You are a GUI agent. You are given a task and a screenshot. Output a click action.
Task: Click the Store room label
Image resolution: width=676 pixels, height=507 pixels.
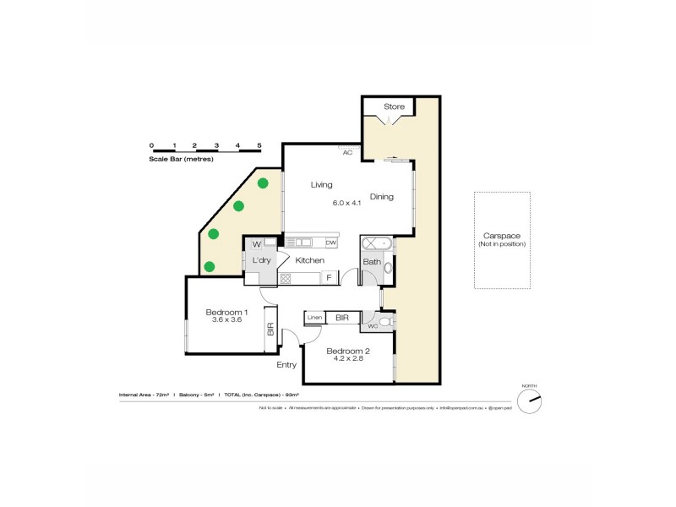[x=394, y=106]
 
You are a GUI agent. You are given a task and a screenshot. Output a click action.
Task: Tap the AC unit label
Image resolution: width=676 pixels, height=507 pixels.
[x=346, y=153]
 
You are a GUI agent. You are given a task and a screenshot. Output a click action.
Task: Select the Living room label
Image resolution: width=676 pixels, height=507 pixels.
[x=321, y=184]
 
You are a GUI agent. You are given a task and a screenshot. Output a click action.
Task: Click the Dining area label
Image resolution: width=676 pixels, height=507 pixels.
[x=381, y=197]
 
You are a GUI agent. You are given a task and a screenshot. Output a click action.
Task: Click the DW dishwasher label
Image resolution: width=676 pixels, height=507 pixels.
[x=331, y=243]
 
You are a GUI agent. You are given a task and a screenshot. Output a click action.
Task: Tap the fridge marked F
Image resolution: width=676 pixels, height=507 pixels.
[x=329, y=277]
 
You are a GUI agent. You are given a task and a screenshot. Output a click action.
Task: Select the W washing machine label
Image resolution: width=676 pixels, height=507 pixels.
[x=255, y=245]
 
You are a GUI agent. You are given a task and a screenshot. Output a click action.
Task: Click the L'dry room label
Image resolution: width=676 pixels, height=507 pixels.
[x=261, y=261]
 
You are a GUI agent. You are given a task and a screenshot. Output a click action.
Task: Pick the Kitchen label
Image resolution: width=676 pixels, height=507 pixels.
[x=309, y=260]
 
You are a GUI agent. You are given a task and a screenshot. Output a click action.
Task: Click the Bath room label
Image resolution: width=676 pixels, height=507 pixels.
[x=371, y=262]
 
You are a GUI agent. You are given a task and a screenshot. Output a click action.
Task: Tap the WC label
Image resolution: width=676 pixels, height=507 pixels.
[x=372, y=325]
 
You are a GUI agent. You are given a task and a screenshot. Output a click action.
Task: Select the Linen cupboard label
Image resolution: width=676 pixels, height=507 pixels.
[x=314, y=318]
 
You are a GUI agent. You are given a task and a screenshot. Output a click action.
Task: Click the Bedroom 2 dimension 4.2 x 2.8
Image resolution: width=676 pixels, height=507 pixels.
[x=346, y=359]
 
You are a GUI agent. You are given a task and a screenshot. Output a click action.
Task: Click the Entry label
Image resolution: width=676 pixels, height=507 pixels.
[x=286, y=365]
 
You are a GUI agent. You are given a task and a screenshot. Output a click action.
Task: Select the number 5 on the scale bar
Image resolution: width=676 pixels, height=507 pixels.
[x=259, y=145]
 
